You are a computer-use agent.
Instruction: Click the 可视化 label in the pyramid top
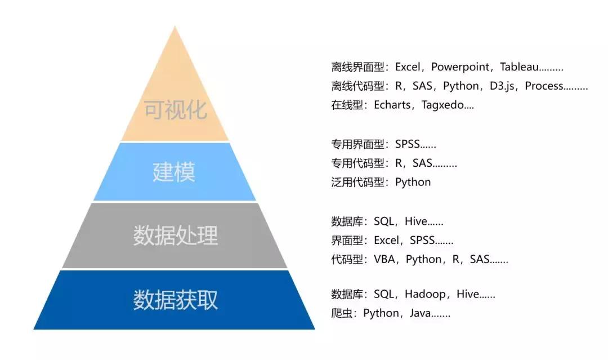(x=176, y=109)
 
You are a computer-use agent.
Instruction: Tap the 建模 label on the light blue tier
(x=174, y=172)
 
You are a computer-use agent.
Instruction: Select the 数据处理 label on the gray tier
(x=175, y=235)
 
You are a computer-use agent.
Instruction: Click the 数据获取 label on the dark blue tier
(x=175, y=300)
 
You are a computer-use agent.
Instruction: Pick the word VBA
(x=385, y=259)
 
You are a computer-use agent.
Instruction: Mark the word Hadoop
(x=425, y=294)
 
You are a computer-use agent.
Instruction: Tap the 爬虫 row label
(x=342, y=313)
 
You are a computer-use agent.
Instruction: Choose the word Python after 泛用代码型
(x=413, y=183)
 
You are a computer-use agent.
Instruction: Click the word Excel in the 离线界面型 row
(x=408, y=67)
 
